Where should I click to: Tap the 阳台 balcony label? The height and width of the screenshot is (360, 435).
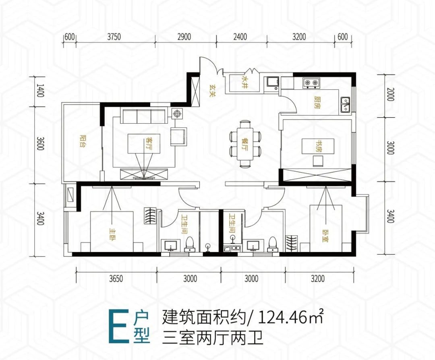tap(82, 141)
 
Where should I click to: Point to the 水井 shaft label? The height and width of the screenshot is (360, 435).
tap(245, 82)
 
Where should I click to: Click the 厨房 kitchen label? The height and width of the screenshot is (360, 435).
tap(317, 102)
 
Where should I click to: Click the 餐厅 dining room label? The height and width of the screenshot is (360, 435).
tap(245, 144)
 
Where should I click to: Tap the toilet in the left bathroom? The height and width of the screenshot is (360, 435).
tap(190, 244)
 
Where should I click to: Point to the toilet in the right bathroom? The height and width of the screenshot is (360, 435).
tap(273, 244)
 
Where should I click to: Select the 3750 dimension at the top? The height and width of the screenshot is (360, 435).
tap(114, 37)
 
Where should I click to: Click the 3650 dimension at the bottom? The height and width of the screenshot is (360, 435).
tap(116, 278)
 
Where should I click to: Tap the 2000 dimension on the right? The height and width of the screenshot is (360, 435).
tap(390, 94)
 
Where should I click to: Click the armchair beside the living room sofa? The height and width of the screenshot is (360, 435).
tap(179, 136)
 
